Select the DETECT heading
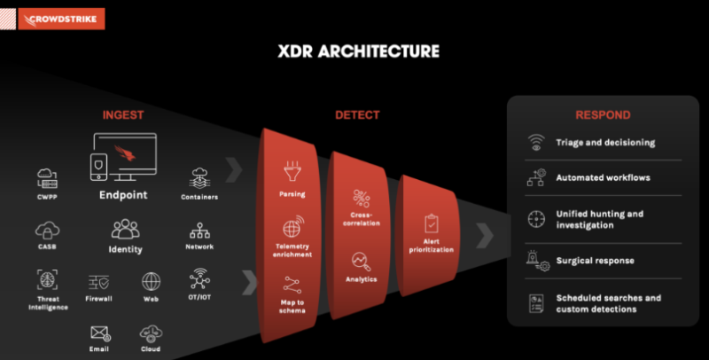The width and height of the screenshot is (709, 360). [357, 115]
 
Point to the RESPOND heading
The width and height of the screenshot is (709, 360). [603, 115]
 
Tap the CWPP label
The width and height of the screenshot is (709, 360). [48, 197]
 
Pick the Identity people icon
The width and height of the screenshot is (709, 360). [126, 230]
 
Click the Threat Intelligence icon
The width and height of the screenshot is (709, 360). [48, 280]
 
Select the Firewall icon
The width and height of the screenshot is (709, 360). [99, 282]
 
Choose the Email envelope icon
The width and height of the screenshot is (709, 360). [99, 333]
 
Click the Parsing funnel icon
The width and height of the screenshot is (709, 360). [291, 168]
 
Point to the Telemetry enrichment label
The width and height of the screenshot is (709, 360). [292, 250]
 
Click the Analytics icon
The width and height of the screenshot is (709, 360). [361, 261]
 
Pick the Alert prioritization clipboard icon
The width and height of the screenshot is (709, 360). [432, 222]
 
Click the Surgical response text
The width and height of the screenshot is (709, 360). [595, 261]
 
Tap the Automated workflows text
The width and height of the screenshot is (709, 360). [603, 177]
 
